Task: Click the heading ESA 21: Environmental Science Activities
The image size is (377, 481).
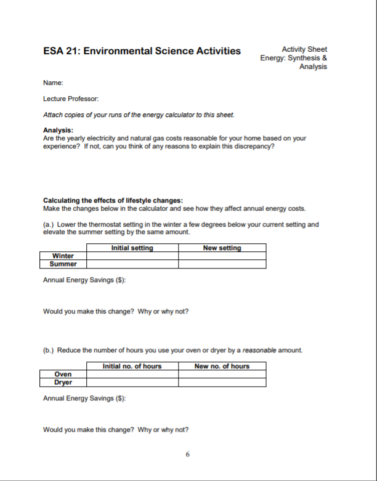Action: click(x=142, y=51)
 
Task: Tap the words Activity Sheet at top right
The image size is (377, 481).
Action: click(x=304, y=49)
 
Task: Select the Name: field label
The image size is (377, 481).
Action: click(x=53, y=83)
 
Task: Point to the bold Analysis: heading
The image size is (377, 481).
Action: click(x=58, y=130)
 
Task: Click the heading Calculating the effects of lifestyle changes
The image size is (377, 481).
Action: click(x=113, y=200)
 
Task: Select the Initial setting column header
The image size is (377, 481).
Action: click(x=132, y=248)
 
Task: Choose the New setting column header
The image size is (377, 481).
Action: click(x=222, y=248)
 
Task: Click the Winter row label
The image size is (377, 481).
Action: click(x=63, y=256)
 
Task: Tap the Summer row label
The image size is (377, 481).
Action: click(x=63, y=264)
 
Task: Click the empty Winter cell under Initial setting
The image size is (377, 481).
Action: click(x=132, y=256)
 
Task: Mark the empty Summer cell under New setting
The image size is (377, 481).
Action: click(x=222, y=264)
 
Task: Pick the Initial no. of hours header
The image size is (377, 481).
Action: click(x=132, y=366)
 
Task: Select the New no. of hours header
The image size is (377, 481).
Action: click(x=222, y=366)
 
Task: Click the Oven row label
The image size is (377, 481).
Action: click(x=63, y=374)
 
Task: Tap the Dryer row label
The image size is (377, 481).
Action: click(x=63, y=382)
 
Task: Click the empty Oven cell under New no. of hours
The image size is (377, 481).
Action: click(x=222, y=374)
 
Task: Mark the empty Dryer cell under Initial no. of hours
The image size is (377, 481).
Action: click(x=132, y=382)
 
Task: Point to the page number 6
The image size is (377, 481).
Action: click(x=188, y=455)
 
